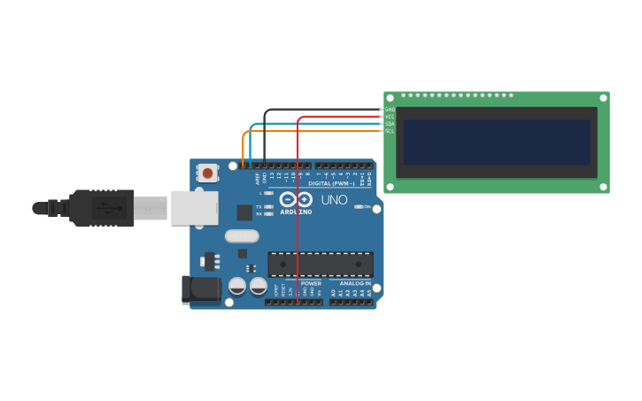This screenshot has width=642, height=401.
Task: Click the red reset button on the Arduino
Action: pos(207,173)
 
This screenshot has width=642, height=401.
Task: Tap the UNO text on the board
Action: pos(334,200)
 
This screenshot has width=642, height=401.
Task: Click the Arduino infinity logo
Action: pos(296,199)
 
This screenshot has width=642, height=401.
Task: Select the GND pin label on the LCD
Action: pos(390,110)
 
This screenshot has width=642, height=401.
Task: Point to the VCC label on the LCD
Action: pos(390,117)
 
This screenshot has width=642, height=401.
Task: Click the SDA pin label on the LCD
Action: pos(390,124)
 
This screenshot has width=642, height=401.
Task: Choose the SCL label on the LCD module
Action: pos(390,131)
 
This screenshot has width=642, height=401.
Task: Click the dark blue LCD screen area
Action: pos(496,142)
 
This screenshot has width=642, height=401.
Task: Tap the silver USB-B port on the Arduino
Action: pos(194,208)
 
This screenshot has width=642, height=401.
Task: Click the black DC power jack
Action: pos(201,289)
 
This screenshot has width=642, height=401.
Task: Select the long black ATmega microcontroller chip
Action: pos(321,264)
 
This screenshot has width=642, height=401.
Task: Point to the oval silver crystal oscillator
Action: pos(242,236)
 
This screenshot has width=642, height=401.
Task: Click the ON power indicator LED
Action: pos(358,206)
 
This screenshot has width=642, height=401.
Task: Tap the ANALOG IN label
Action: pos(354,283)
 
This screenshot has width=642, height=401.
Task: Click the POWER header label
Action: pos(311,283)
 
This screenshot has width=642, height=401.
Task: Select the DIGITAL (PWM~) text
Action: pos(331,183)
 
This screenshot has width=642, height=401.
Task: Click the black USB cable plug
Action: pos(102,208)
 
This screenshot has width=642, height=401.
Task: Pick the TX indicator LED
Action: pos(268,206)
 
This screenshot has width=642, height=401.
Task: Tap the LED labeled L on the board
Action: pos(268,193)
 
